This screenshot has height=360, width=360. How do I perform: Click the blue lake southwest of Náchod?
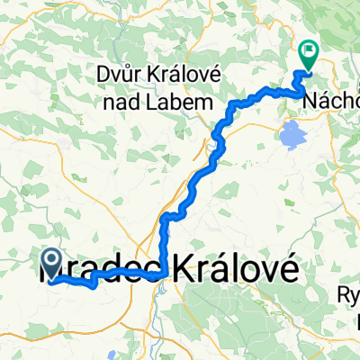[292, 136]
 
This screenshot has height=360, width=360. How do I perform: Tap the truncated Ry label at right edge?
[349, 295]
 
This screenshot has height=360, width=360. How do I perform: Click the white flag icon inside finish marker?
[309, 52]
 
